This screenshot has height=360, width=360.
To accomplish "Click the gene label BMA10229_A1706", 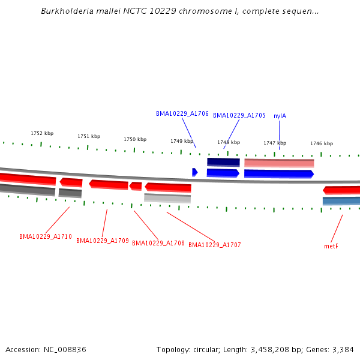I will (182, 113).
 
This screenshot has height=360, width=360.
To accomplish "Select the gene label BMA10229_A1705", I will (239, 115).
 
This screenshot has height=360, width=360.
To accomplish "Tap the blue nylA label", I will (280, 116).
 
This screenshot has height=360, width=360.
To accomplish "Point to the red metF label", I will (331, 246).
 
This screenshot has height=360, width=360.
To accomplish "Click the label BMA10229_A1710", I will (46, 236).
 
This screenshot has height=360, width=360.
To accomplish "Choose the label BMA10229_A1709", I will (103, 241).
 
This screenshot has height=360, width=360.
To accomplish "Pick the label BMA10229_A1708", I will (158, 243).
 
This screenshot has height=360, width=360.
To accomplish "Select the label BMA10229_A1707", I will (215, 245).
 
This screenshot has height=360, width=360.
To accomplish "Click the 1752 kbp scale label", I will (42, 133).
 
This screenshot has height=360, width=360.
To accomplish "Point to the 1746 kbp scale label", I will (321, 143).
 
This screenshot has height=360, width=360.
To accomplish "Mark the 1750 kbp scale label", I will (135, 139).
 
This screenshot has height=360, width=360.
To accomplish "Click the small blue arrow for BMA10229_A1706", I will (195, 172).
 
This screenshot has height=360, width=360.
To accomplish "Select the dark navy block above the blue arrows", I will (223, 162).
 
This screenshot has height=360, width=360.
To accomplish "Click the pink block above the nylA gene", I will (279, 163).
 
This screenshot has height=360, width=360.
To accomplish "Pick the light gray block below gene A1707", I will (167, 198).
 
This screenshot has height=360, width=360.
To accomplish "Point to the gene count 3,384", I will (341, 349).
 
